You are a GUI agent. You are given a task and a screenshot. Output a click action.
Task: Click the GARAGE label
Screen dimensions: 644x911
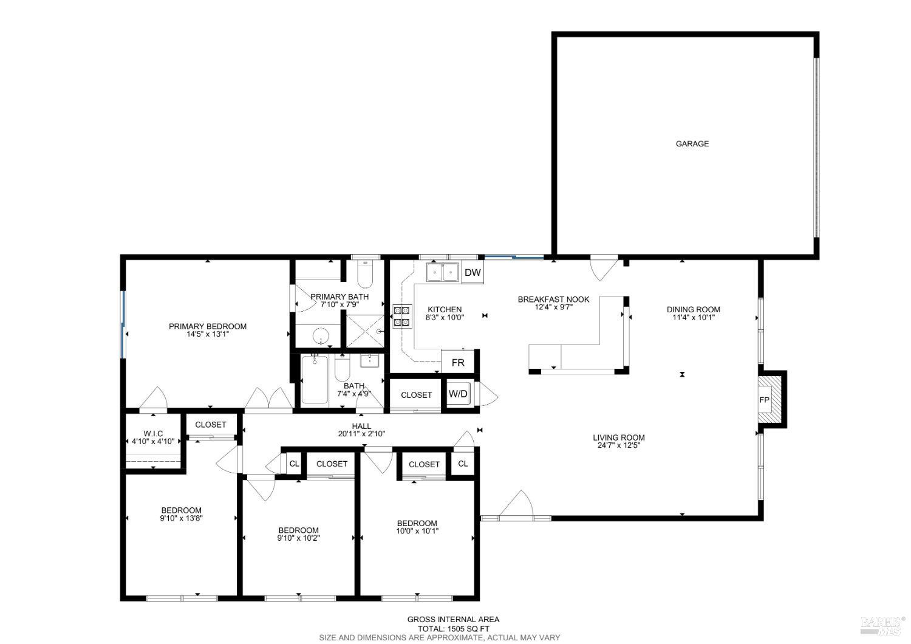pos(692,144)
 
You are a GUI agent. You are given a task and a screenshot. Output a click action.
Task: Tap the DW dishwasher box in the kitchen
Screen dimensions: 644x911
pos(473,273)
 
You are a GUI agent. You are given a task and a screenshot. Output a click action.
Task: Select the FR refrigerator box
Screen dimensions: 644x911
pos(458,363)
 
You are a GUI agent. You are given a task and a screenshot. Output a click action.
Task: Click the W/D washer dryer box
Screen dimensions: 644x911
pos(459,394)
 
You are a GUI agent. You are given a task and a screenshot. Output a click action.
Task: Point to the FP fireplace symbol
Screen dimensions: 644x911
pos(765,400)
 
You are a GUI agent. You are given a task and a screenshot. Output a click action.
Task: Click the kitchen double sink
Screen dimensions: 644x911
pos(442,273)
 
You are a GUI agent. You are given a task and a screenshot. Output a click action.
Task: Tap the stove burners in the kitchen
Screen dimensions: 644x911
pos(401,316)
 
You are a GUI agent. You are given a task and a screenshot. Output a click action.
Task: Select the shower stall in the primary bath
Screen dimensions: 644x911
pos(365,331)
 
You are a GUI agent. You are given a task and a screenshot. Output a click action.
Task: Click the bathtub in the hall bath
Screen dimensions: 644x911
pos(315,380)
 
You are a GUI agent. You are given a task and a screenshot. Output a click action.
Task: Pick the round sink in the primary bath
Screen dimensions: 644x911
pos(319,335)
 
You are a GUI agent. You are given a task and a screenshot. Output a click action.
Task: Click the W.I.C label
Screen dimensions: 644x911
pos(153,433)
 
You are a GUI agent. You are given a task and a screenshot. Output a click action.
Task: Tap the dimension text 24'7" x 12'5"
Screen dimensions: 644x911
pos(619,445)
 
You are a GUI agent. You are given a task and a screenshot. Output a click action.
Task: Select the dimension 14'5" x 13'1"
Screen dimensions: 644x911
pos(208,334)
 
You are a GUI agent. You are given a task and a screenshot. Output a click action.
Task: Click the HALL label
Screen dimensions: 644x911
pos(361,426)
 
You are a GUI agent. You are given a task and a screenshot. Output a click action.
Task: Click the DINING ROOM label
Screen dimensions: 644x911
pos(693,309)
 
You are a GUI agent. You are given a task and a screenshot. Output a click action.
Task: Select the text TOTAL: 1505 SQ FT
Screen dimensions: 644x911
pos(453,629)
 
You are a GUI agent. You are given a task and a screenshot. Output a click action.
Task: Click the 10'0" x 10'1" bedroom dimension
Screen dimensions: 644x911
pos(417,531)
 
